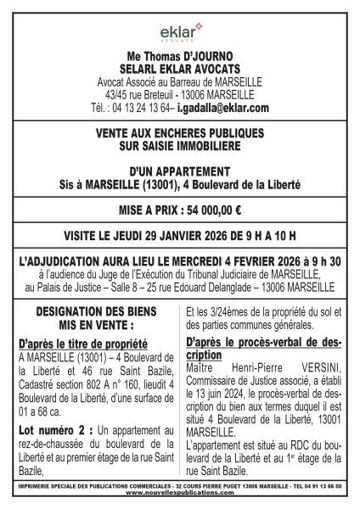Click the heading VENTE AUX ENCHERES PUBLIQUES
(180, 133)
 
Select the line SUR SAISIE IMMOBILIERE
(180, 146)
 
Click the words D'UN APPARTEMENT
(180, 171)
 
